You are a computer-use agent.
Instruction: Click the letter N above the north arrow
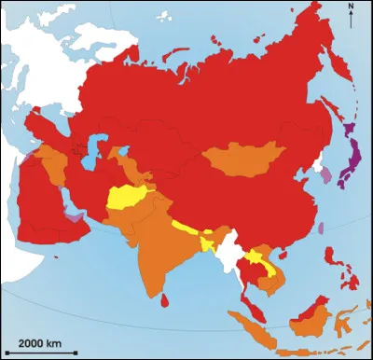(x=351, y=7)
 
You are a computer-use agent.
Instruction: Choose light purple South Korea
(x=325, y=174)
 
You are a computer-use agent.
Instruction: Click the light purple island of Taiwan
(x=319, y=226)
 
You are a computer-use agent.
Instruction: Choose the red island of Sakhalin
(x=329, y=103)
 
